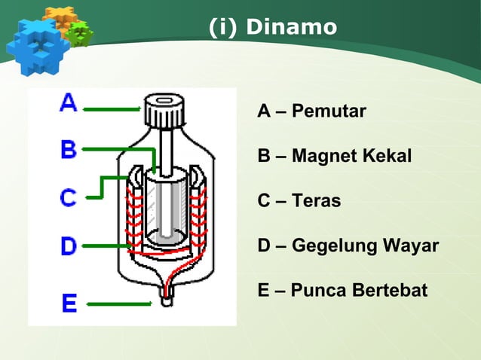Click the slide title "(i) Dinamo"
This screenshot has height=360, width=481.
click(x=273, y=27)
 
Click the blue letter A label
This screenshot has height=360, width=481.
click(x=68, y=103)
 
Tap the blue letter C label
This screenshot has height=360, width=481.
click(x=69, y=198)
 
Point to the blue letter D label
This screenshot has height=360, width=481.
click(x=69, y=246)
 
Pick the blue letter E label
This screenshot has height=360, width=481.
click(x=69, y=304)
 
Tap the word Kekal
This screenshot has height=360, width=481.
click(x=385, y=157)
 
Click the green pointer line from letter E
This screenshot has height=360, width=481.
click(x=118, y=304)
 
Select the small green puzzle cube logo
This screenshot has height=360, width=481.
click(x=79, y=32)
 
